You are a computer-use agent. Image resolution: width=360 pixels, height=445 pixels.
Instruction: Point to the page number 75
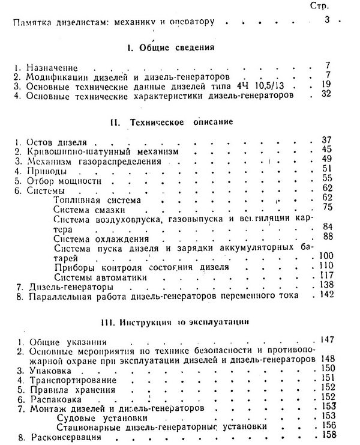coord(327,207)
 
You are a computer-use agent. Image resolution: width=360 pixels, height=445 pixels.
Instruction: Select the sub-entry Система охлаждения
coord(100,238)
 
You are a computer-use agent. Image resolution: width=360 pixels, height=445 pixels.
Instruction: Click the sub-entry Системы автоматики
coord(95,277)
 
